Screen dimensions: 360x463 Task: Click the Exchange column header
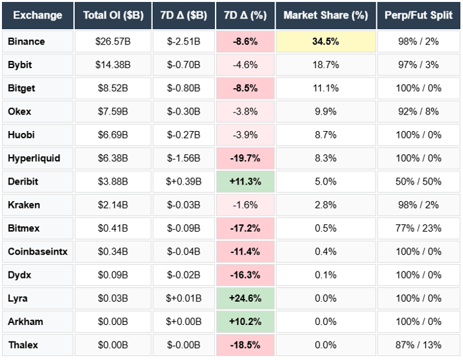(x=37, y=15)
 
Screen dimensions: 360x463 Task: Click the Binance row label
(x=26, y=41)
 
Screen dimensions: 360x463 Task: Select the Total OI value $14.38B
(x=112, y=65)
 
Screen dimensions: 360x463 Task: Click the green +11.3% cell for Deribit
(x=245, y=181)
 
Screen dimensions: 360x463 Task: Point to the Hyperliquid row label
(x=34, y=158)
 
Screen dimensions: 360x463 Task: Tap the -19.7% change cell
(x=245, y=158)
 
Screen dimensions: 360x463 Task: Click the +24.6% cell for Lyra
(x=245, y=298)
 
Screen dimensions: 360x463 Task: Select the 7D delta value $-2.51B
(x=183, y=41)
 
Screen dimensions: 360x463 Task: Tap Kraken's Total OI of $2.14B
(x=112, y=204)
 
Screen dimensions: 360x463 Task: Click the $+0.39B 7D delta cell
(x=183, y=181)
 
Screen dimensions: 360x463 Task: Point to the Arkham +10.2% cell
(x=245, y=322)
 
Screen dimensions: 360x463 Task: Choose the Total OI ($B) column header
(x=112, y=15)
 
